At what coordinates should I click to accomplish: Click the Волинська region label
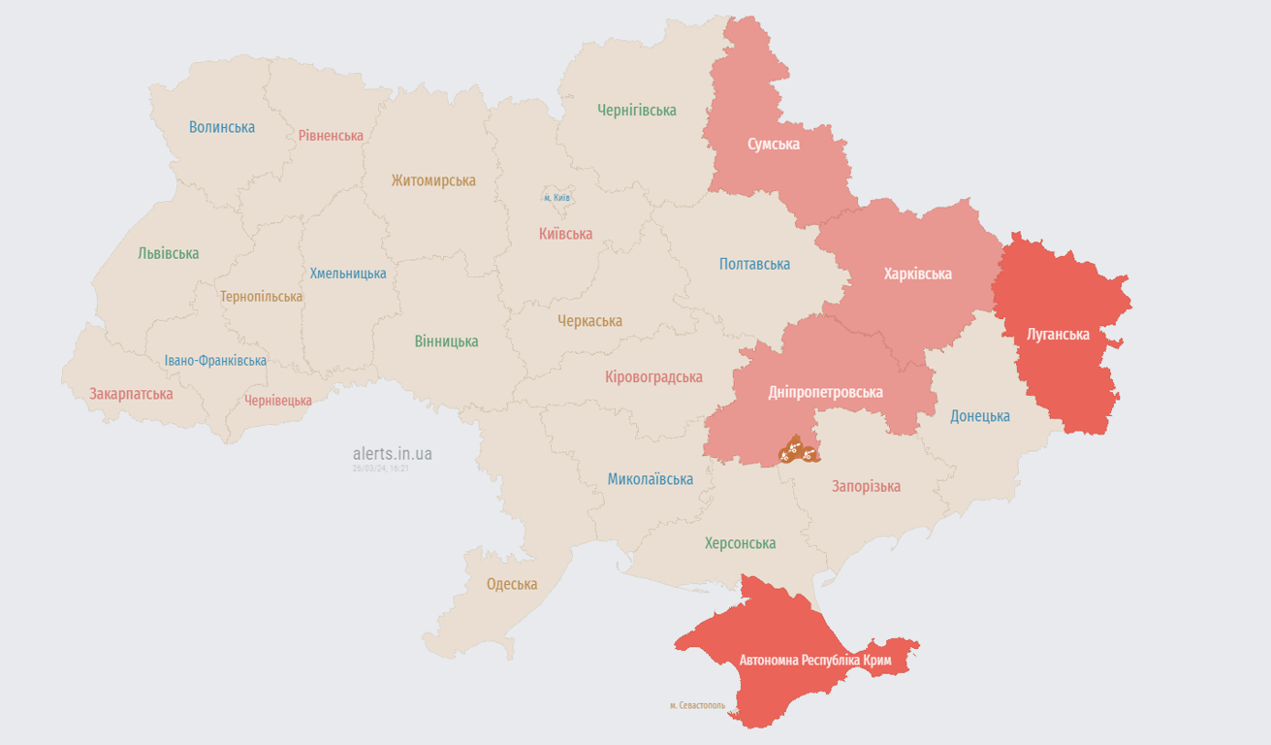(x=222, y=127)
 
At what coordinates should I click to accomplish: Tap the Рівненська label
(x=331, y=136)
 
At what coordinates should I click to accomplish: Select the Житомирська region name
(x=433, y=180)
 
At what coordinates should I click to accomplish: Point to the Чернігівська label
(x=637, y=111)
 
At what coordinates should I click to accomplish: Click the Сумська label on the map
(x=774, y=145)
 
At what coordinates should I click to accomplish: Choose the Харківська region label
(x=917, y=274)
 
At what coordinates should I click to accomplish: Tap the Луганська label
(x=1058, y=335)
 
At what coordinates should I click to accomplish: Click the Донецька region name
(x=979, y=416)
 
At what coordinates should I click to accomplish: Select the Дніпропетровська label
(x=825, y=392)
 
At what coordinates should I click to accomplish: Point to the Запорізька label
(x=866, y=486)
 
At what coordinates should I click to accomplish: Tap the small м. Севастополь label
(x=696, y=705)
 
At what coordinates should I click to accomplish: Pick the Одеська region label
(x=512, y=584)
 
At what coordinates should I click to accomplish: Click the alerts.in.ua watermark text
(x=393, y=454)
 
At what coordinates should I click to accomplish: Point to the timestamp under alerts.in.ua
(x=381, y=468)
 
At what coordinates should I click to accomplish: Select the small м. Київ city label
(x=556, y=198)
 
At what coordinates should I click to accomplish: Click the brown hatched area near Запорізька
(x=798, y=449)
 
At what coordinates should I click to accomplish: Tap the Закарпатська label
(x=131, y=394)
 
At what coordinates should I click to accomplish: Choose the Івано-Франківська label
(x=215, y=361)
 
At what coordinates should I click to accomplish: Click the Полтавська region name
(x=754, y=264)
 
